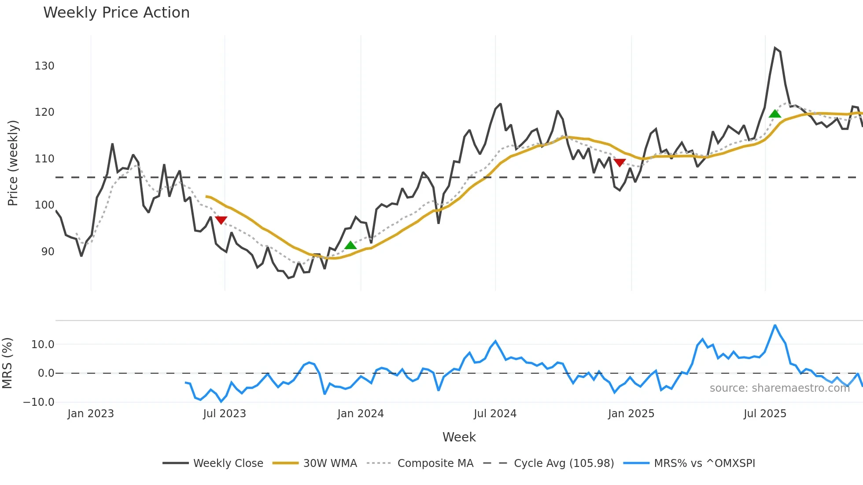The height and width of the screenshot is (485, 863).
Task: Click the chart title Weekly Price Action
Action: tap(116, 13)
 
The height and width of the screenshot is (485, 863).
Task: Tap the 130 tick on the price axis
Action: tap(44, 66)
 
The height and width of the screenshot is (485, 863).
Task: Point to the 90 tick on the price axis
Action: tap(48, 252)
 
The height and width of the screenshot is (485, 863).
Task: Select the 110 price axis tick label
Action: tap(44, 159)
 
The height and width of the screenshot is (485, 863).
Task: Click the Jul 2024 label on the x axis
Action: tap(495, 414)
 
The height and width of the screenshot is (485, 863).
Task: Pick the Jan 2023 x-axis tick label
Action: tap(91, 414)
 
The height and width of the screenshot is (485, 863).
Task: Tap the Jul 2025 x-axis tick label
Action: tap(765, 414)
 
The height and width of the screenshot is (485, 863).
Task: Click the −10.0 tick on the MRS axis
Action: tap(39, 402)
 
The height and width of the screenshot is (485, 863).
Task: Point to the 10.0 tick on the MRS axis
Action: tap(43, 345)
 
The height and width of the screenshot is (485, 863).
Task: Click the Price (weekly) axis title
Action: tap(13, 163)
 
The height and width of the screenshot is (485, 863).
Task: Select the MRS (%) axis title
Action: tap(7, 363)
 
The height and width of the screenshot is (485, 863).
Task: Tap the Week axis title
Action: tap(459, 437)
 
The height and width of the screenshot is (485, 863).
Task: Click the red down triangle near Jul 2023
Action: tap(221, 220)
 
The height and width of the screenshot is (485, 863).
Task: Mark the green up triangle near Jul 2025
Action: tap(775, 114)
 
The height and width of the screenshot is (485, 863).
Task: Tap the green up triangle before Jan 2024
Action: tap(350, 245)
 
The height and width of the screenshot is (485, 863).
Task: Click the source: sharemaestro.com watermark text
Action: tap(779, 388)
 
